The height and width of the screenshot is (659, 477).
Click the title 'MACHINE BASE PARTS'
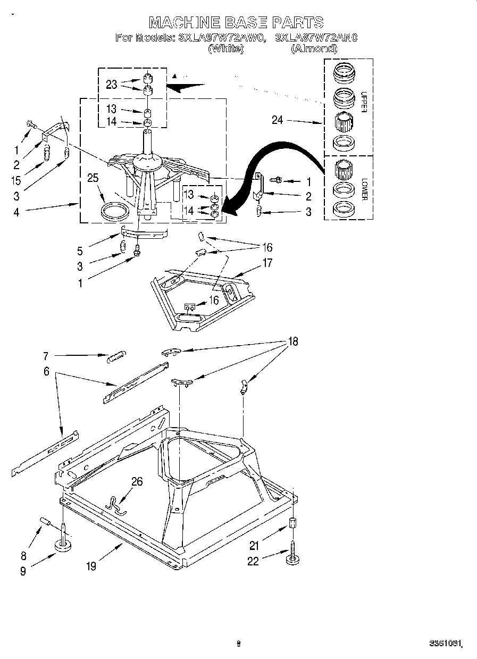236,22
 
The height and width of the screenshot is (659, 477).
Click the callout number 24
278,120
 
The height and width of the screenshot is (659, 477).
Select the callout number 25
93,178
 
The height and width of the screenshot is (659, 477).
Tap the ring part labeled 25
115,211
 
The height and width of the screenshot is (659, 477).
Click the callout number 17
266,263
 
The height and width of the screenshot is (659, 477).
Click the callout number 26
137,482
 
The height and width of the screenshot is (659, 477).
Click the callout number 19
91,566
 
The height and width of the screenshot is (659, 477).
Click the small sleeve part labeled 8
45,521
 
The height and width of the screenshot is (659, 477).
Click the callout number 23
111,85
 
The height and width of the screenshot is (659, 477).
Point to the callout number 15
16,181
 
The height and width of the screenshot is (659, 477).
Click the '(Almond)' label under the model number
314,48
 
